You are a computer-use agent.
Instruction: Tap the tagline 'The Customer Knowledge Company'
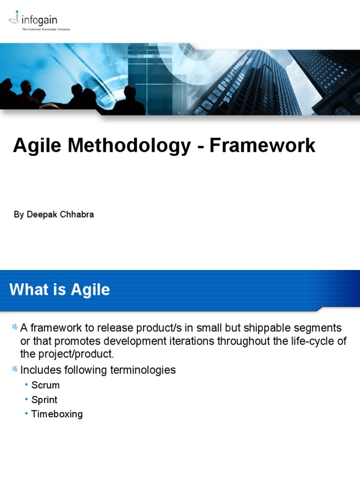click(46, 29)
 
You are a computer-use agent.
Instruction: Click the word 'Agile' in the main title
click(37, 146)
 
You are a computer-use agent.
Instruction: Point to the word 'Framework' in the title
click(262, 146)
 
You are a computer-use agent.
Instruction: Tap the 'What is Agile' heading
click(60, 290)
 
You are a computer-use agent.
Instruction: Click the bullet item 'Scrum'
click(45, 385)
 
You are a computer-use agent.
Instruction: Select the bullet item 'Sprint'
click(44, 400)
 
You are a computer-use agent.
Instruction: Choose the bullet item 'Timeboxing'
click(57, 414)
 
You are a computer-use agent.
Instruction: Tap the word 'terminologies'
click(143, 370)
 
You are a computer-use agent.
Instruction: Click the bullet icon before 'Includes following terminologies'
click(14, 369)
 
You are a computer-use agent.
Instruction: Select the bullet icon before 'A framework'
click(14, 327)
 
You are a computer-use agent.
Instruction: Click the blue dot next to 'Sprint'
click(27, 399)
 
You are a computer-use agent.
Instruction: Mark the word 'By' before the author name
click(18, 215)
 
